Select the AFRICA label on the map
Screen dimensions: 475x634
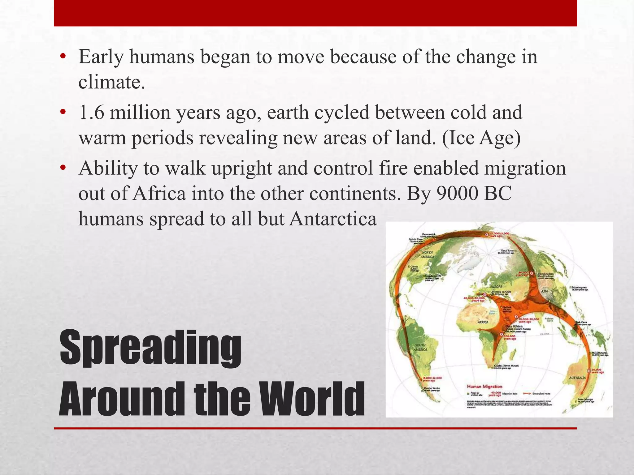[x=483, y=322]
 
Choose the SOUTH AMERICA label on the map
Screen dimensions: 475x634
[x=420, y=347]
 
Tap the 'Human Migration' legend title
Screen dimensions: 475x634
[x=484, y=386]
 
